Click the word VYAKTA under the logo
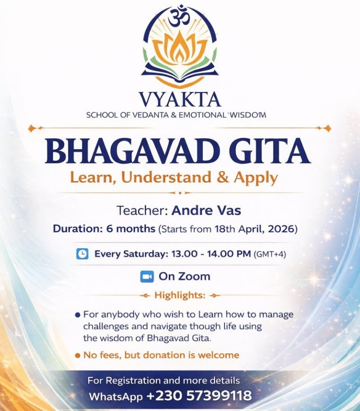click(x=180, y=99)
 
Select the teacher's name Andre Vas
click(x=206, y=210)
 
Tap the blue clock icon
click(x=82, y=254)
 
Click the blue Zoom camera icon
click(x=147, y=277)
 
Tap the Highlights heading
click(x=180, y=295)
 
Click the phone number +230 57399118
click(x=199, y=396)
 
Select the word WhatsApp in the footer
click(x=115, y=396)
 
